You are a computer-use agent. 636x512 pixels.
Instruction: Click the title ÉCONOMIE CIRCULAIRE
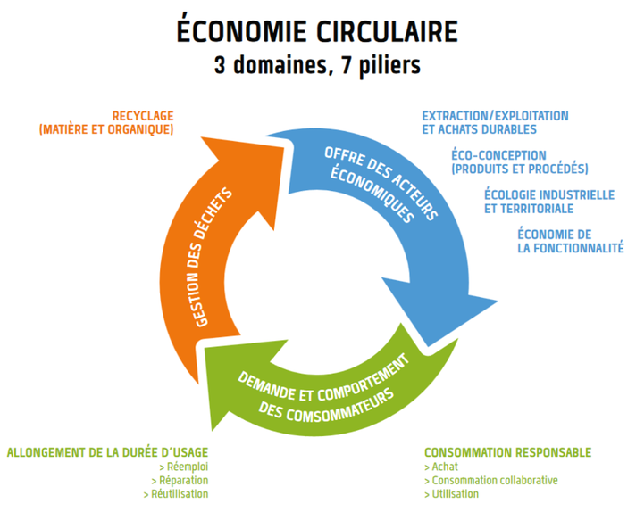pos(317,31)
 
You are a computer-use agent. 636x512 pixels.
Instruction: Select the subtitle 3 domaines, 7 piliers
pos(317,66)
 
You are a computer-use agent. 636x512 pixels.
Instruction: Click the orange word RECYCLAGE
pos(143,116)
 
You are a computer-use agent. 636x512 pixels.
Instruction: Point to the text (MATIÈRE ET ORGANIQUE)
pos(106,129)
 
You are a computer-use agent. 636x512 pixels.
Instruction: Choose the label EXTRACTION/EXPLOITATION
pos(495,116)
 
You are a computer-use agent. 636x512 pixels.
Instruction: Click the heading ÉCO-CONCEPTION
pos(498,155)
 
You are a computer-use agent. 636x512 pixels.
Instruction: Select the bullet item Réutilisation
pos(182,493)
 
